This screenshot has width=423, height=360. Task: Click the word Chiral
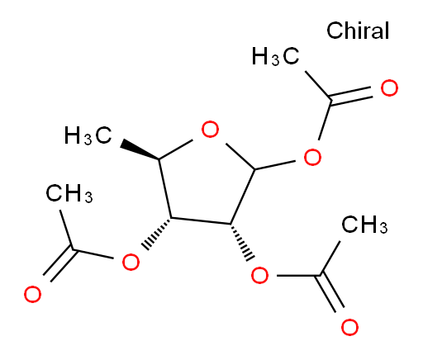pyautogui.click(x=358, y=30)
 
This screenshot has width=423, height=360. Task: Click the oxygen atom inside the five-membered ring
pyautogui.click(x=210, y=129)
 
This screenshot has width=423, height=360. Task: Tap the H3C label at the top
pyautogui.click(x=275, y=56)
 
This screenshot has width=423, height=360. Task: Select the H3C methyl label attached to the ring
pyautogui.click(x=88, y=135)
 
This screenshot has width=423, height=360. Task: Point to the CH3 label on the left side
pyautogui.click(x=69, y=193)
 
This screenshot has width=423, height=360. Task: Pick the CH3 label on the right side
pyautogui.click(x=364, y=225)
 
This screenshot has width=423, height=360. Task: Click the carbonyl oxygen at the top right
pyautogui.click(x=389, y=88)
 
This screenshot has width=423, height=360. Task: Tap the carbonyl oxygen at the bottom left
pyautogui.click(x=32, y=294)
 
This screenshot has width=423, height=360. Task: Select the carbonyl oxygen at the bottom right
pyautogui.click(x=349, y=327)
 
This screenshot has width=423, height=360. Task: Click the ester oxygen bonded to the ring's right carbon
pyautogui.click(x=312, y=157)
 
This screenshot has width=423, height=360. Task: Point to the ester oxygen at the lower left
pyautogui.click(x=131, y=262)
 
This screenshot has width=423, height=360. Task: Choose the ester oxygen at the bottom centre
pyautogui.click(x=259, y=275)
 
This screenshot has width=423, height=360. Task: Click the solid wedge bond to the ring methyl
pyautogui.click(x=140, y=150)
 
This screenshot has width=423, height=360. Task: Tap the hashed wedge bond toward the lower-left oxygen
pyautogui.click(x=156, y=233)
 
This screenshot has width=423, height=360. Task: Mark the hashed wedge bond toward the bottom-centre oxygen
pyautogui.click(x=242, y=242)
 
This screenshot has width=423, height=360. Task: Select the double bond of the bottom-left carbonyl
pyautogui.click(x=59, y=263)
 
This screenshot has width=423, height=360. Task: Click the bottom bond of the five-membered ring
pyautogui.click(x=201, y=220)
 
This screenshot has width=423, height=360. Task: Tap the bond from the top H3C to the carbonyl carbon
pyautogui.click(x=318, y=85)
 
